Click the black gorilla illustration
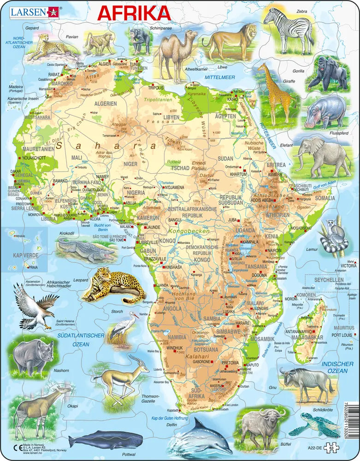coord(328,73)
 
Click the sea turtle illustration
coord(308,424)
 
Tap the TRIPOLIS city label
coord(156,87)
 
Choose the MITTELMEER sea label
coord(220,77)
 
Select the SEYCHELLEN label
coord(328,280)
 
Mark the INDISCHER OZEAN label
coord(335,367)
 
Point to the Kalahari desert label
coord(197,356)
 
